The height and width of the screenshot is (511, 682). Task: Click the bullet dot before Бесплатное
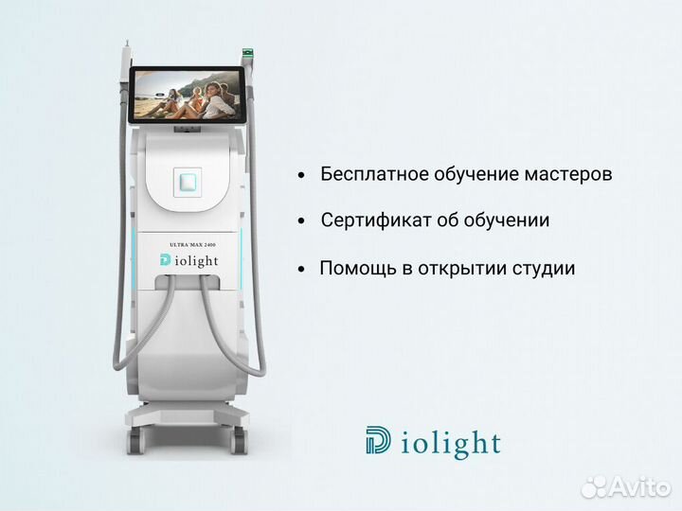pyautogui.click(x=301, y=176)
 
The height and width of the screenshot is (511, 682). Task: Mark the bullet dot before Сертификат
pyautogui.click(x=301, y=221)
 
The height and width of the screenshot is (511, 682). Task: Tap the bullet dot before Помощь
pyautogui.click(x=301, y=269)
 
